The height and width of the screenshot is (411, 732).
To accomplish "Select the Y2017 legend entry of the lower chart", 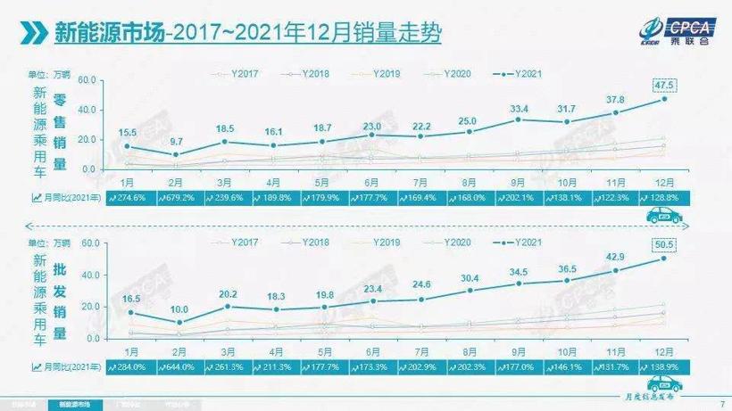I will (235, 241).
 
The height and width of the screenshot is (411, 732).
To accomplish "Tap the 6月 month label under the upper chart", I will (371, 179).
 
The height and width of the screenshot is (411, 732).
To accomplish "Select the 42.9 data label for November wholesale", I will (614, 257).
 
